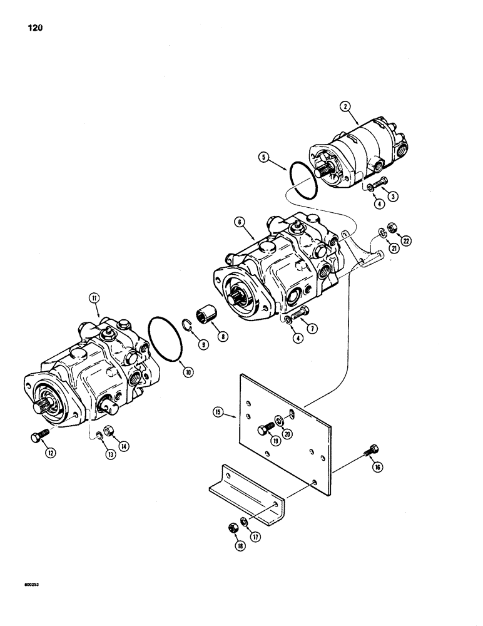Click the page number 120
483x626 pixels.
tap(36, 28)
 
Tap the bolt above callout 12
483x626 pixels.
tap(36, 437)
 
